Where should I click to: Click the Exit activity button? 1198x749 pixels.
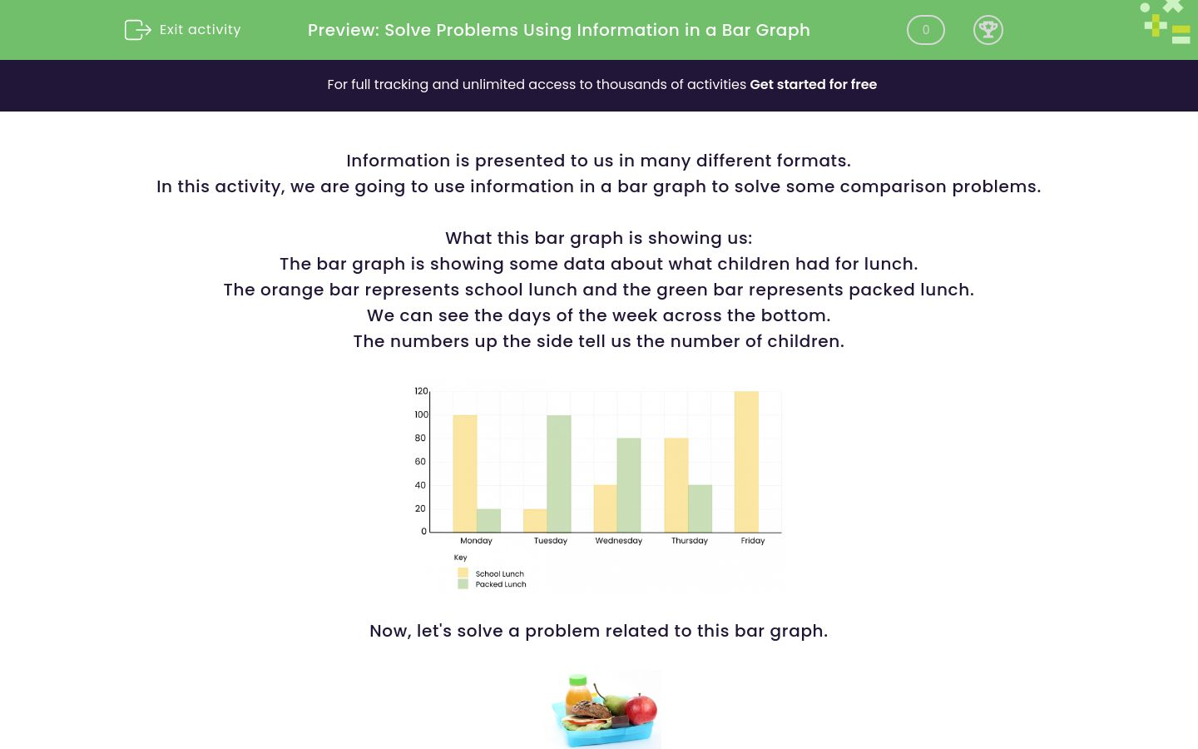pyautogui.click(x=183, y=30)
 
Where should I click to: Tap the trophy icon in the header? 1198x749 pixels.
pyautogui.click(x=988, y=30)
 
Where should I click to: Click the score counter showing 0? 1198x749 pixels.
pyautogui.click(x=925, y=30)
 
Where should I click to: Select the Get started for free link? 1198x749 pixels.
pyautogui.click(x=813, y=85)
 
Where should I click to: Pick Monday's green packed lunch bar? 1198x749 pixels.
pyautogui.click(x=488, y=520)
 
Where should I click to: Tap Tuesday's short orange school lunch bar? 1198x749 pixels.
pyautogui.click(x=535, y=520)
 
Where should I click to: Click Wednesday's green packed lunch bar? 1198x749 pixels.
pyautogui.click(x=629, y=484)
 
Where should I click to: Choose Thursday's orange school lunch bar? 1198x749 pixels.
pyautogui.click(x=676, y=484)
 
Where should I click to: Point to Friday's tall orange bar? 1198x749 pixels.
pyautogui.click(x=746, y=461)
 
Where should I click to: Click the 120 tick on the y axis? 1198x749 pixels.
pyautogui.click(x=421, y=391)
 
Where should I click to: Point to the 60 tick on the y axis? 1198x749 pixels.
pyautogui.click(x=420, y=461)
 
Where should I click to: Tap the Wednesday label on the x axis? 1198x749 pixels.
pyautogui.click(x=619, y=541)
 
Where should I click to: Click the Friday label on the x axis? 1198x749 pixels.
pyautogui.click(x=753, y=541)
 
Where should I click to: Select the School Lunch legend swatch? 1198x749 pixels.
pyautogui.click(x=463, y=573)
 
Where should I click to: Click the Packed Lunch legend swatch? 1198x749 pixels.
pyautogui.click(x=463, y=584)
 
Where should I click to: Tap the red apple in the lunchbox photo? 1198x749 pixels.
pyautogui.click(x=641, y=710)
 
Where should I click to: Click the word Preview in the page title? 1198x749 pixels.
pyautogui.click(x=342, y=30)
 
